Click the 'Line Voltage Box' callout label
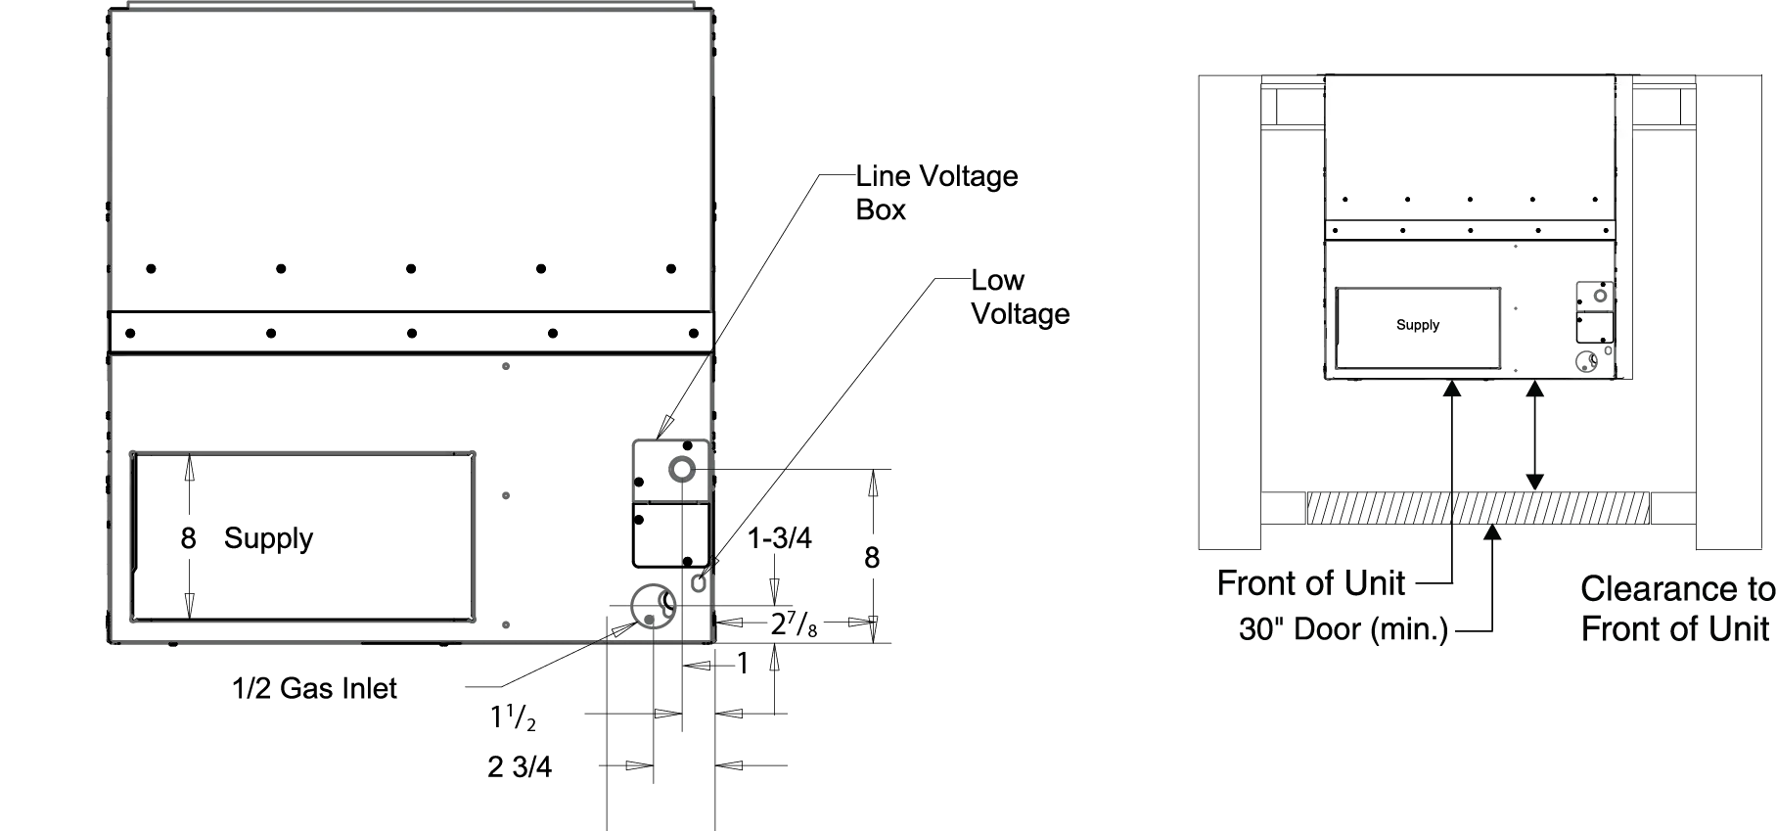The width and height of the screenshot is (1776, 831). pos(936,193)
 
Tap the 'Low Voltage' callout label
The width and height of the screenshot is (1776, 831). pos(1020,298)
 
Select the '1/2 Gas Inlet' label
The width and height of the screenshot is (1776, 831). pos(314,689)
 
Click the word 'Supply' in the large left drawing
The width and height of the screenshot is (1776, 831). pos(268,538)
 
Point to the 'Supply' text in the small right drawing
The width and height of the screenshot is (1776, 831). pos(1418,325)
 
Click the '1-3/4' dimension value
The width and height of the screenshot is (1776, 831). pos(780,538)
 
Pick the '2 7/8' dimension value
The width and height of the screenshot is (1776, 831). pos(794,623)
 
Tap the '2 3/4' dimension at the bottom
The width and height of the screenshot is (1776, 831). pos(520,766)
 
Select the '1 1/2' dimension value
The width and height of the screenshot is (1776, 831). pos(513,718)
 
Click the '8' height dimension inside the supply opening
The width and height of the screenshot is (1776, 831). pos(188,538)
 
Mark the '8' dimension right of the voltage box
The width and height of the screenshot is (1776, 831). pos(871,558)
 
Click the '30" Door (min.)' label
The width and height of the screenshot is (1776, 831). pos(1343,629)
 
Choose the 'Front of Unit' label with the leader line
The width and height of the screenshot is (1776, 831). pos(1310,583)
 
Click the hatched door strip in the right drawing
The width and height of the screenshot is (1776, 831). pos(1478,508)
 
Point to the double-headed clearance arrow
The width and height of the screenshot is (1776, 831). pos(1534,435)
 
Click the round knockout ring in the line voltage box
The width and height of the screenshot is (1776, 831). pos(682,470)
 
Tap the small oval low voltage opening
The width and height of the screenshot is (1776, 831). pos(698,582)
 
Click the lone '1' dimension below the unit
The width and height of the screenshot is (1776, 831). pos(743,665)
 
